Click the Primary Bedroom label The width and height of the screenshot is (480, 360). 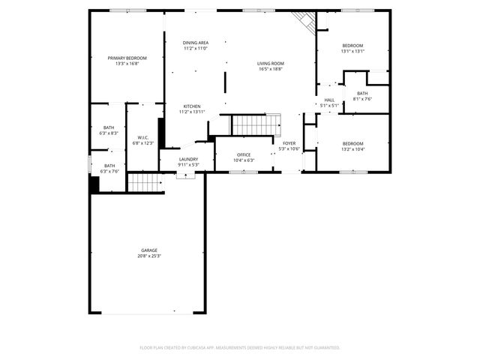[x=127, y=58]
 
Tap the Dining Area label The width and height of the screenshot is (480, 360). [x=196, y=43]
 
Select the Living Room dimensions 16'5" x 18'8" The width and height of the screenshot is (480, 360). [x=270, y=69]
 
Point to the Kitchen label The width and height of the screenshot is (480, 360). [x=192, y=106]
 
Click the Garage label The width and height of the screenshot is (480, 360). [x=149, y=250]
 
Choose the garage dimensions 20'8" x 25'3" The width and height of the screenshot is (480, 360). [x=149, y=256]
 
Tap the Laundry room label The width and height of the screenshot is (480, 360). [x=188, y=159]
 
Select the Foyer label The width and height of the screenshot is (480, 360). [x=289, y=142]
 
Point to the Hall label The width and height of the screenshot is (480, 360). [x=329, y=100]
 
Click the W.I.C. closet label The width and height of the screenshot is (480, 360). [x=142, y=137]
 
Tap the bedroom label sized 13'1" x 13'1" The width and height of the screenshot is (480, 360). [x=352, y=46]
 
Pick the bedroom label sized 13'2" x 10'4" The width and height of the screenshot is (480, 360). [x=352, y=143]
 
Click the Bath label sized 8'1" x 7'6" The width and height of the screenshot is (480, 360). [x=362, y=93]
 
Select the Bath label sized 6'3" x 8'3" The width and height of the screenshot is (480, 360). [x=109, y=127]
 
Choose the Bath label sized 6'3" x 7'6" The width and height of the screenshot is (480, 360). [x=109, y=166]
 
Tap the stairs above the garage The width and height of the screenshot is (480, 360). [x=145, y=182]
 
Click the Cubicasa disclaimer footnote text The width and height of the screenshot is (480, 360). [x=240, y=347]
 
